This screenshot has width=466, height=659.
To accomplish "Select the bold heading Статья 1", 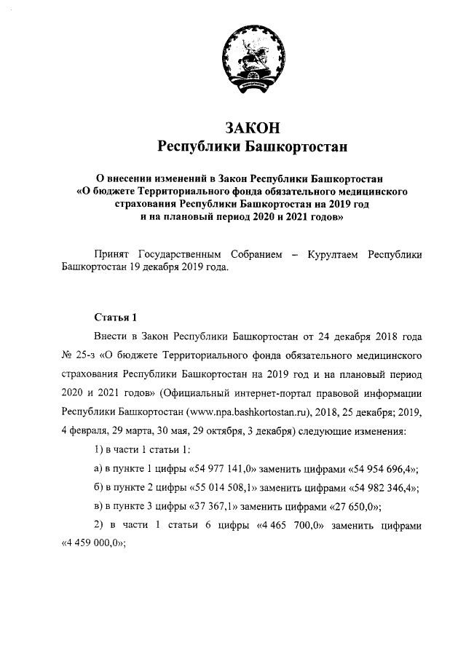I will (x=115, y=318).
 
